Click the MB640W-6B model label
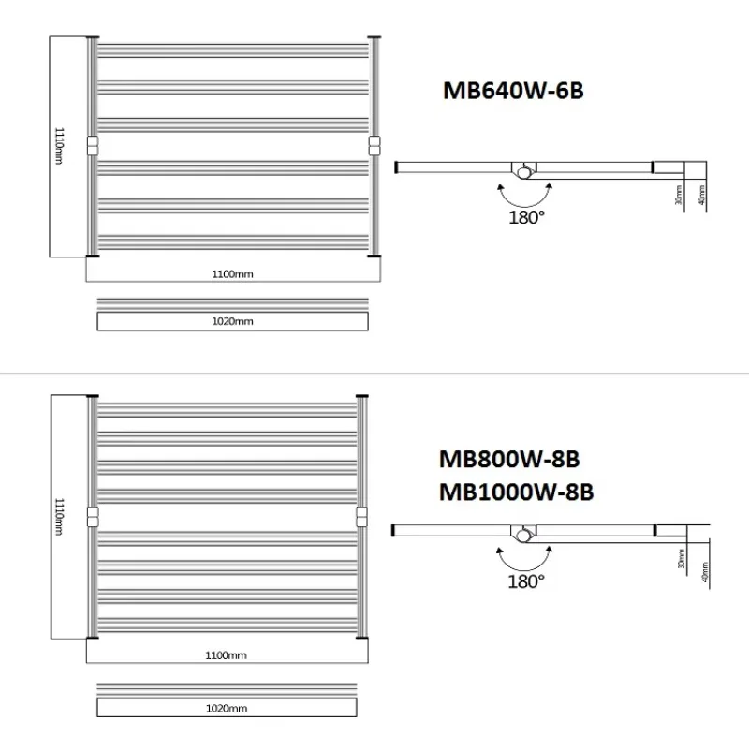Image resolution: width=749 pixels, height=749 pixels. pos(514,91)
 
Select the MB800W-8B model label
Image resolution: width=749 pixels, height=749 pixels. pos(509,460)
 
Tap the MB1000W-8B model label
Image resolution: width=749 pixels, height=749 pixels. pos(516,492)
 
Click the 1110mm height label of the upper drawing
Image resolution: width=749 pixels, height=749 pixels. pos(59,146)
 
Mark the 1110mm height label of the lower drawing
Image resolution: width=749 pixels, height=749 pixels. pos(59,516)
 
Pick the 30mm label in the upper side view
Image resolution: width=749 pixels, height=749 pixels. pos(677,195)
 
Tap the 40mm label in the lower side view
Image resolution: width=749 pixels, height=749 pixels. pos(703,567)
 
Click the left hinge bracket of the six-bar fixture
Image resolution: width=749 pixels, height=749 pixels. pos(92,146)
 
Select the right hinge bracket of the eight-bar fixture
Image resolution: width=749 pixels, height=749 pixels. pos(361,516)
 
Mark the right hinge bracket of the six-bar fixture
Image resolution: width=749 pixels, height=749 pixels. pos(374,146)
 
